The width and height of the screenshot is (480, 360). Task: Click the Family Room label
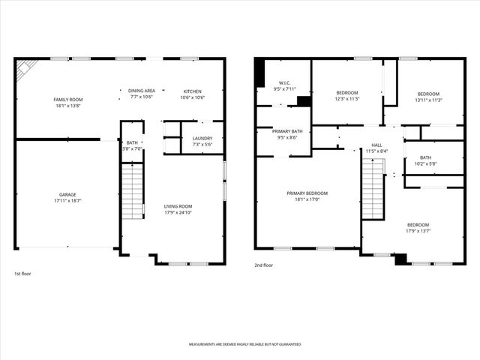tap(67, 100)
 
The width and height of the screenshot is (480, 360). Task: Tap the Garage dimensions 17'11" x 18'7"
tap(67, 200)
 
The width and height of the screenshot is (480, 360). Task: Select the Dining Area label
tap(142, 91)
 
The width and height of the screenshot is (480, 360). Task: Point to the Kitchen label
tap(193, 91)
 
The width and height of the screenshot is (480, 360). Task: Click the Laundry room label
tap(202, 138)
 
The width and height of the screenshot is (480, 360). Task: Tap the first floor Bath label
tap(132, 142)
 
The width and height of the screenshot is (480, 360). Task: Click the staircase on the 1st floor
tap(132, 191)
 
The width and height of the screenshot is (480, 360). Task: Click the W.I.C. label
tap(284, 83)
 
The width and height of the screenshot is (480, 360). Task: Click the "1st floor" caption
tap(23, 274)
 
